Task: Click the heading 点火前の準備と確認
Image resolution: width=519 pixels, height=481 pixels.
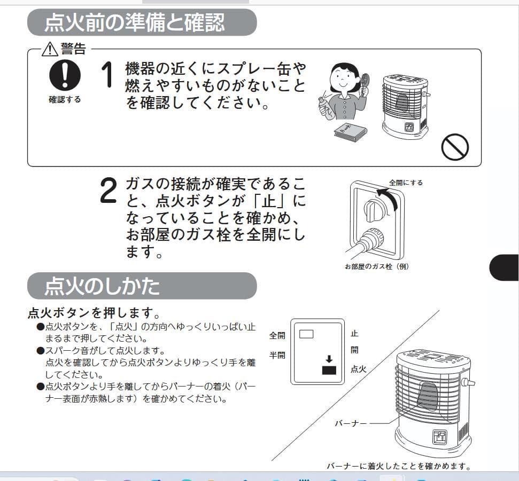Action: tap(134, 22)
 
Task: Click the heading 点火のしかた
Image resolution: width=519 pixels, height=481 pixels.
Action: tap(102, 286)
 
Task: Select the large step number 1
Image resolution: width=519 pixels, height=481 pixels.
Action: tap(107, 74)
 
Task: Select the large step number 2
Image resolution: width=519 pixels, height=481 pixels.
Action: tap(108, 191)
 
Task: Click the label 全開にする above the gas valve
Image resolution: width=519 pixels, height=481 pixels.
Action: tap(406, 183)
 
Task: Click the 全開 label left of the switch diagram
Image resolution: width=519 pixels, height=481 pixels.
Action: tap(277, 336)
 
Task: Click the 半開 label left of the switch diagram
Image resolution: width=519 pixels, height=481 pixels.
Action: tap(277, 355)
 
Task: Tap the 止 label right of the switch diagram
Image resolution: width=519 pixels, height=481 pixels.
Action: tap(354, 334)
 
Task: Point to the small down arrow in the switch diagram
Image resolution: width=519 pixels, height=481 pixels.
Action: tap(329, 359)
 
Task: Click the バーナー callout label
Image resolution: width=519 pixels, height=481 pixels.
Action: tap(351, 423)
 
